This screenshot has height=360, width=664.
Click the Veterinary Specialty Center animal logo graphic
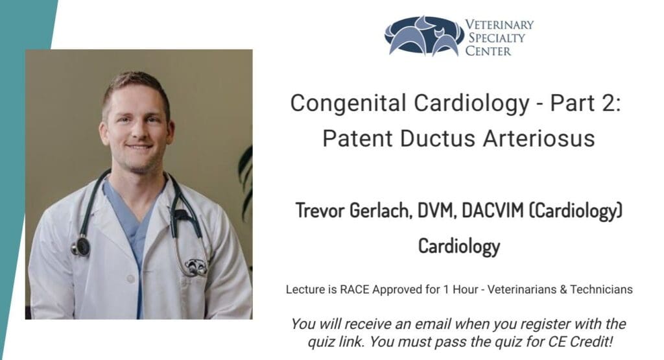(424, 36)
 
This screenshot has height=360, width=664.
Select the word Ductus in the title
(438, 139)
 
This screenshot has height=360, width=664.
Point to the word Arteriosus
(539, 139)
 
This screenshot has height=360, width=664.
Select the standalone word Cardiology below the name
(459, 246)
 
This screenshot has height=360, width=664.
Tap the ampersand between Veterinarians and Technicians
(563, 290)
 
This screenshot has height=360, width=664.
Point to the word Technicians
(601, 290)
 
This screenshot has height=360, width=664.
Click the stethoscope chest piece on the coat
(81, 246)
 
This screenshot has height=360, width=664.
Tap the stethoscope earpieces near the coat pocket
(195, 267)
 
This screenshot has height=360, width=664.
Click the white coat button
(131, 279)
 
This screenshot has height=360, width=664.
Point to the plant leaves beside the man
(246, 182)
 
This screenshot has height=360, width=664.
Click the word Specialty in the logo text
(496, 38)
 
